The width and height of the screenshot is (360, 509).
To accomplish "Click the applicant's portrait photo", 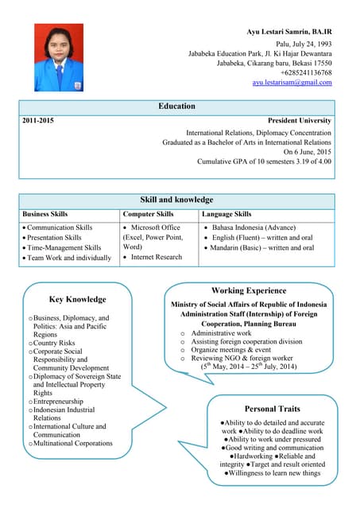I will pos(59,56).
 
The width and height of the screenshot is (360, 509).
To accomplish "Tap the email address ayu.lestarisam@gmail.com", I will pos(292,83).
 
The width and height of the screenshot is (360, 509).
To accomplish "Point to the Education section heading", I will pos(176,106).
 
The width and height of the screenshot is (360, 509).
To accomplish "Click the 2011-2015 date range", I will pos(39,120).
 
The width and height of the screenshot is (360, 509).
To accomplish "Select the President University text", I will pos(300,120).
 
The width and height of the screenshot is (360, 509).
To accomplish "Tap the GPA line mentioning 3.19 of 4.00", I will pos(264,161).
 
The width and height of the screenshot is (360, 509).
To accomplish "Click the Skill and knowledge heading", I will pos(176,200).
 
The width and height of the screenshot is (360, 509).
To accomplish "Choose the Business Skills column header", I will pos(45,214).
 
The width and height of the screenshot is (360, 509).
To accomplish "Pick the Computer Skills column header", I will pos(148,214).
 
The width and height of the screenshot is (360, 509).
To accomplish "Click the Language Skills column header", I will pos(226,214).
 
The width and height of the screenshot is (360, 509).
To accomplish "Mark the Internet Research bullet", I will pos(157,257).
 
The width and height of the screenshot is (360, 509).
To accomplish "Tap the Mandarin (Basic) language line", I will pos(263,248).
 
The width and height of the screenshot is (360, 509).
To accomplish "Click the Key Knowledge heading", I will pos(77,299).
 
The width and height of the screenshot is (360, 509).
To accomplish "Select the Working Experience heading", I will pos(249,291).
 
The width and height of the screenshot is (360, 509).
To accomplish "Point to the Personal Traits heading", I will pos(272,409).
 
